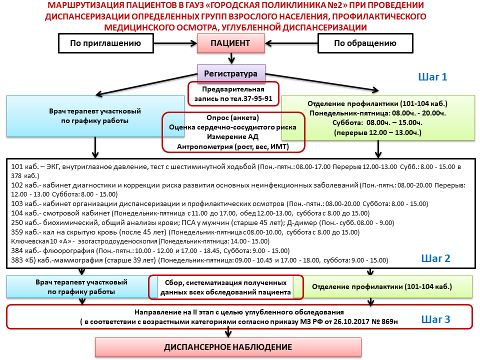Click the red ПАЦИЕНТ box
[231, 43]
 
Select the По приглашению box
[105, 43]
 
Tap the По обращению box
[365, 43]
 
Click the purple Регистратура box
[231, 73]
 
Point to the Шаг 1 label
[432, 77]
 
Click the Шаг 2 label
[435, 258]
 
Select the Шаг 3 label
[435, 319]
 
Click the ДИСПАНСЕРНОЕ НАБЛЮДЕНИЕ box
[228, 347]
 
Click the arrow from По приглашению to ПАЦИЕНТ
[175, 43]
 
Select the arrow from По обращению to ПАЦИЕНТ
[291, 43]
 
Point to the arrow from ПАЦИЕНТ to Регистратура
[231, 58]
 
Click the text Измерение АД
[232, 137]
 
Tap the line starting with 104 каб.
[190, 213]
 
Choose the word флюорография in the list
[68, 250]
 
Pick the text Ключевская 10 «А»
[41, 241]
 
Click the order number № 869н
[385, 321]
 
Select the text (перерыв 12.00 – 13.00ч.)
[378, 132]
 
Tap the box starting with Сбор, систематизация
[226, 287]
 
